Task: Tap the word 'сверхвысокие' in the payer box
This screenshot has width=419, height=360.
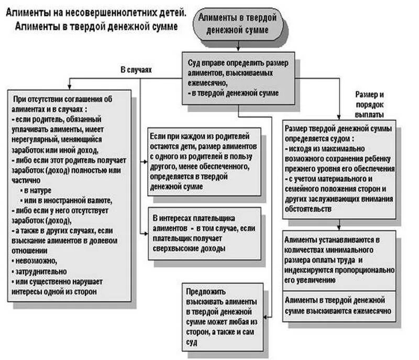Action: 177,249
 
